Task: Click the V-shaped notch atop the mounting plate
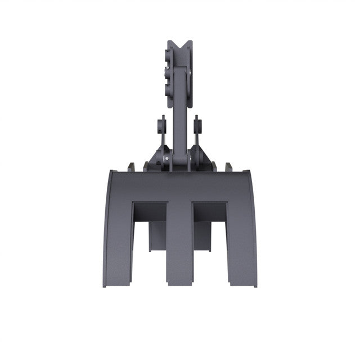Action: click(179, 44)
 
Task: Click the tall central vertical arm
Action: click(179, 112)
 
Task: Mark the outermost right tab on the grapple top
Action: click(229, 167)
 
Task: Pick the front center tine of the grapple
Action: click(179, 242)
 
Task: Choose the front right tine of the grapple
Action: click(241, 236)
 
